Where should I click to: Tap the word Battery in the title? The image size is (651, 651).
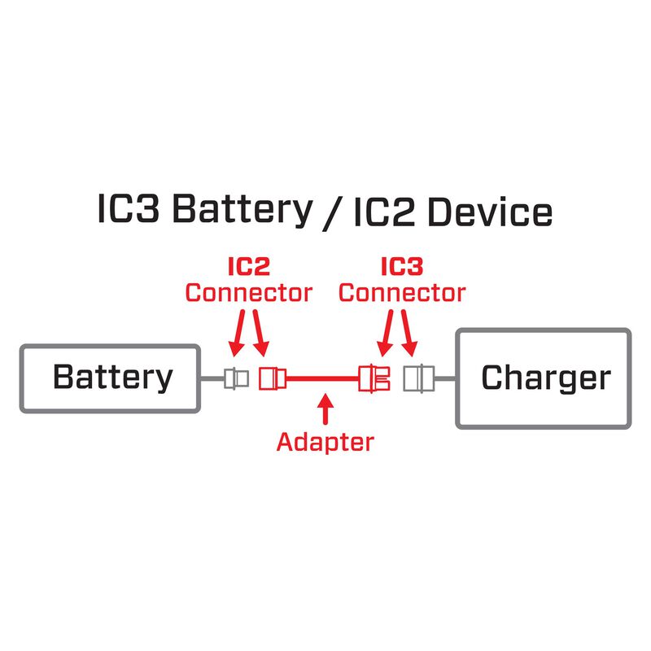click(242, 211)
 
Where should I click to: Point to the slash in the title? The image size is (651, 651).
click(331, 212)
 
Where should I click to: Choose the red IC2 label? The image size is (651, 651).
click(248, 267)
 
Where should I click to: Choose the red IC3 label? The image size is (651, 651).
click(402, 267)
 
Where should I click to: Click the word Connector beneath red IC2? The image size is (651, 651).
click(248, 292)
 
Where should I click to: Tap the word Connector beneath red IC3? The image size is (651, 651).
click(402, 292)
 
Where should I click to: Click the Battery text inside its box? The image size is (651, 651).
click(112, 378)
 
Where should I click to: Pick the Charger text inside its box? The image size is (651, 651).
click(545, 378)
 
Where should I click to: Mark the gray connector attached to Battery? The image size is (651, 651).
click(236, 378)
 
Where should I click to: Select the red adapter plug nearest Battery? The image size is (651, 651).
click(271, 378)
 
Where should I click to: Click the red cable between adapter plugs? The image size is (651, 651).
click(322, 378)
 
